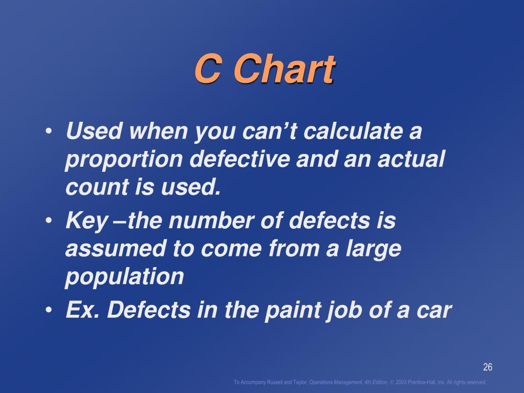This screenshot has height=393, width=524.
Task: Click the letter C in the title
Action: coord(208,69)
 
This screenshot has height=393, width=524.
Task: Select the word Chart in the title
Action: coord(284,69)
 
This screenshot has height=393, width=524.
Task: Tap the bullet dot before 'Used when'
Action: coord(49,130)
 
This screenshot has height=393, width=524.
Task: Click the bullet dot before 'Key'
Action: coord(49,221)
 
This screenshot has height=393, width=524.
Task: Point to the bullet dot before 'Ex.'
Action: coord(49,310)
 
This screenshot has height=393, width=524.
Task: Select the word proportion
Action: coord(124,160)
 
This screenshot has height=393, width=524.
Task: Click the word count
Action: coord(97,187)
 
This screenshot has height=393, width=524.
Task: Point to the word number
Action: coord(211,221)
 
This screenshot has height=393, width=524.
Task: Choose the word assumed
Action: coord(116,249)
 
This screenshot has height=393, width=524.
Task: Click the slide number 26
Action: coord(488,367)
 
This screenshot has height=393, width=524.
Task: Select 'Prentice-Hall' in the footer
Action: coord(422,382)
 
